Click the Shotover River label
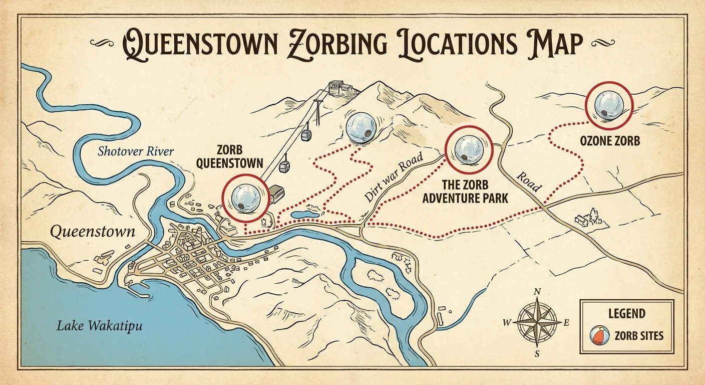(135, 151)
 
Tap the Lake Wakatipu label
(99, 326)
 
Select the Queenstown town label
(93, 232)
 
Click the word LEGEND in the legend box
(626, 314)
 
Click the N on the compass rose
(537, 292)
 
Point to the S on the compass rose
(537, 354)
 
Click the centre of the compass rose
(537, 322)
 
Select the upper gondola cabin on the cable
(305, 134)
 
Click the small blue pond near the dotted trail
(305, 215)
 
